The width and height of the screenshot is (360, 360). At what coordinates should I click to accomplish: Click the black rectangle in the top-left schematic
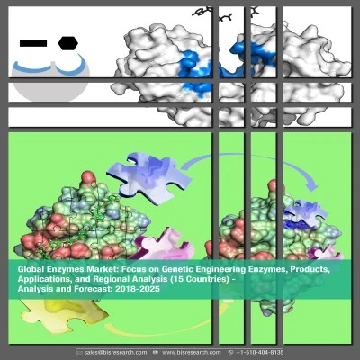click(x=33, y=43)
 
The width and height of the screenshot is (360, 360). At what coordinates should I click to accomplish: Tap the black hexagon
click(x=68, y=43)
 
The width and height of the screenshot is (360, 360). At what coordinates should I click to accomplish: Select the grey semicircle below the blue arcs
click(x=50, y=82)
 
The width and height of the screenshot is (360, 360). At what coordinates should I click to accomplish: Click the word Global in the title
click(x=29, y=270)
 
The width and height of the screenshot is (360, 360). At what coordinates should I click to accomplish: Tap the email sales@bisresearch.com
click(x=115, y=352)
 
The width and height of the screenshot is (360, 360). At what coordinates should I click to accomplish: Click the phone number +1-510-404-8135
click(x=260, y=352)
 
